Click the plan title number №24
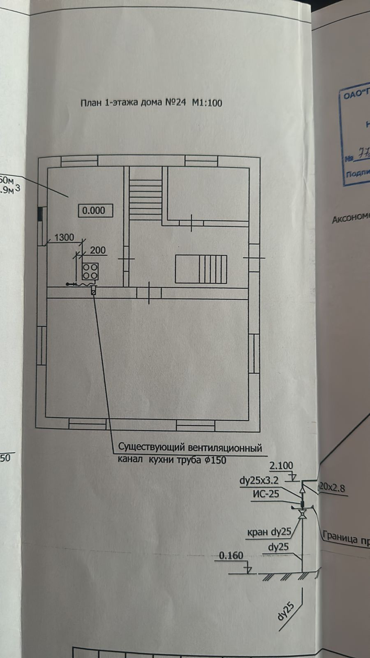[175, 102]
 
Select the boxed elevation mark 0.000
[94, 211]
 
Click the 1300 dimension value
[64, 237]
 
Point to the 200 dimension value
[98, 250]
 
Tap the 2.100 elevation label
[281, 466]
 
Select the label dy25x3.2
[259, 480]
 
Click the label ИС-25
[266, 494]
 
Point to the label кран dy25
[269, 532]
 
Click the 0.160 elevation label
[231, 556]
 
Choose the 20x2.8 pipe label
[332, 488]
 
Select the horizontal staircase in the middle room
[201, 269]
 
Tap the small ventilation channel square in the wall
[94, 291]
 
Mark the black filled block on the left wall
[40, 214]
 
